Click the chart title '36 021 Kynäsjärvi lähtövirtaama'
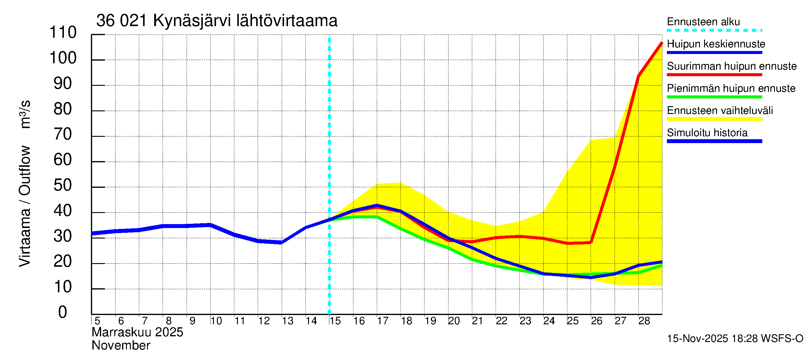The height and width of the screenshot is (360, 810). (x=217, y=21)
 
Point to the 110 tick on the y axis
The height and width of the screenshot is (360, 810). (x=63, y=32)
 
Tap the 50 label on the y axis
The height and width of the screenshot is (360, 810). (x=63, y=185)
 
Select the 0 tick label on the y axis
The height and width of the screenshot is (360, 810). (x=63, y=313)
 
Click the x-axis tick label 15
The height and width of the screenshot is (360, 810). (x=335, y=321)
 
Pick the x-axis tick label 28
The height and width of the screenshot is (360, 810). (x=644, y=321)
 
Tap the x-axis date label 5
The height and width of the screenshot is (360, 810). (x=97, y=321)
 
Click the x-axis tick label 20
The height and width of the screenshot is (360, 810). (x=454, y=321)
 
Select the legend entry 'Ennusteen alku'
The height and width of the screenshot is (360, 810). (x=703, y=22)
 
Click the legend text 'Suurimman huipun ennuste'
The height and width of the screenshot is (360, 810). (x=731, y=66)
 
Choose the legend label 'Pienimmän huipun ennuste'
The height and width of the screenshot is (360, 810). (x=731, y=88)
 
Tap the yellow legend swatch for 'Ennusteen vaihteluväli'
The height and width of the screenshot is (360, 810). (x=714, y=119)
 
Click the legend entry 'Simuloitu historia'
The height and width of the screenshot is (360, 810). (x=707, y=133)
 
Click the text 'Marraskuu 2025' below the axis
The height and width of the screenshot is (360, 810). (x=137, y=332)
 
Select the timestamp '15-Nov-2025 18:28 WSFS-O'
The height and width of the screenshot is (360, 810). (x=735, y=339)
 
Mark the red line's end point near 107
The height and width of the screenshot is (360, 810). (x=661, y=43)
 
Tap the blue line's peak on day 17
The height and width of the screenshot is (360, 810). (x=377, y=205)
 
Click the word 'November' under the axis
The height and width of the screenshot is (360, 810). (x=121, y=346)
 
